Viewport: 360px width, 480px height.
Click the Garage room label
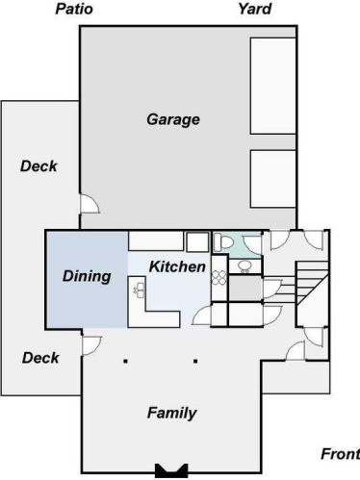click(173, 119)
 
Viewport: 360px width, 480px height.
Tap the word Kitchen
click(177, 266)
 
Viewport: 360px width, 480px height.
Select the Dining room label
click(87, 276)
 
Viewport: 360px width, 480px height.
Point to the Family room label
click(172, 413)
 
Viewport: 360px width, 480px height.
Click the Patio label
click(74, 9)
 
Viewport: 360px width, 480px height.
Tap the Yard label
click(255, 9)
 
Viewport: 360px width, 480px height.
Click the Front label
click(341, 454)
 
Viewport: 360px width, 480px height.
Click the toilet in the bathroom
click(223, 241)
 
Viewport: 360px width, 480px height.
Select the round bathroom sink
click(245, 266)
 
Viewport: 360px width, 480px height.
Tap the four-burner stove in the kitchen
click(219, 278)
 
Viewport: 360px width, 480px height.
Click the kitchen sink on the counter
click(140, 291)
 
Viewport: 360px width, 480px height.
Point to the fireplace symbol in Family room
click(171, 470)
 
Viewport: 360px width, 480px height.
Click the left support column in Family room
click(126, 362)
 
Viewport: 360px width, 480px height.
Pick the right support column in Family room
click(195, 362)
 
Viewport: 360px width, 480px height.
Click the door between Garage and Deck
click(90, 203)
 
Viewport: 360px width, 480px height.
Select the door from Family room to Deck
click(92, 345)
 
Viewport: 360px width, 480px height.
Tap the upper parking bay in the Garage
click(272, 86)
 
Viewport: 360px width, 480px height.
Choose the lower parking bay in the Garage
click(272, 179)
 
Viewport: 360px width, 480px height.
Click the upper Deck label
click(39, 166)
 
